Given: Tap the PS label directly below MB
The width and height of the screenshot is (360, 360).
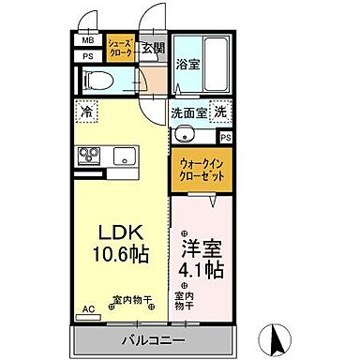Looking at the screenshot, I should click(87, 56).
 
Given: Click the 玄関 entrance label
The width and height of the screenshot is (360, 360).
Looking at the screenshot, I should click(153, 49).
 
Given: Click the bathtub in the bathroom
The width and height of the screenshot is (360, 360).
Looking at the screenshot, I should click(217, 64).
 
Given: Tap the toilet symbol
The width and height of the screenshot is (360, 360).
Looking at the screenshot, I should click(95, 81).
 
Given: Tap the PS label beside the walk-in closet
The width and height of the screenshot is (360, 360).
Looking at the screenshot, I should click(227, 136).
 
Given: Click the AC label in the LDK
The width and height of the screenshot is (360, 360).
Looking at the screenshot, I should click(88, 307).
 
